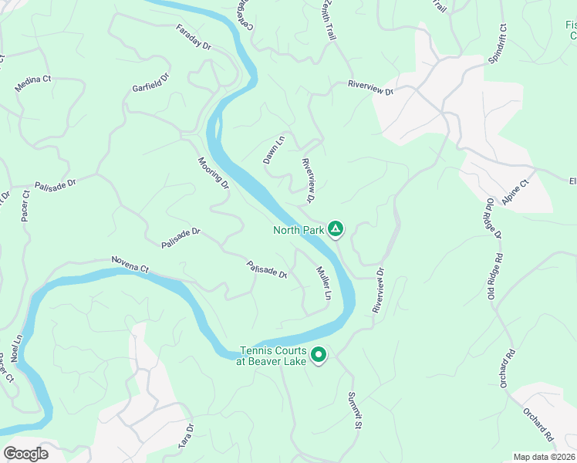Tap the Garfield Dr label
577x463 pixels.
(150, 83)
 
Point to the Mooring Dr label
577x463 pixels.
(213, 174)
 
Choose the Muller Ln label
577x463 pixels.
(323, 284)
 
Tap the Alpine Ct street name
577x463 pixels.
(515, 191)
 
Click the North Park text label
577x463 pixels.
(299, 229)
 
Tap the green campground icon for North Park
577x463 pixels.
(335, 228)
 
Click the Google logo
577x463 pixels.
(25, 453)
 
